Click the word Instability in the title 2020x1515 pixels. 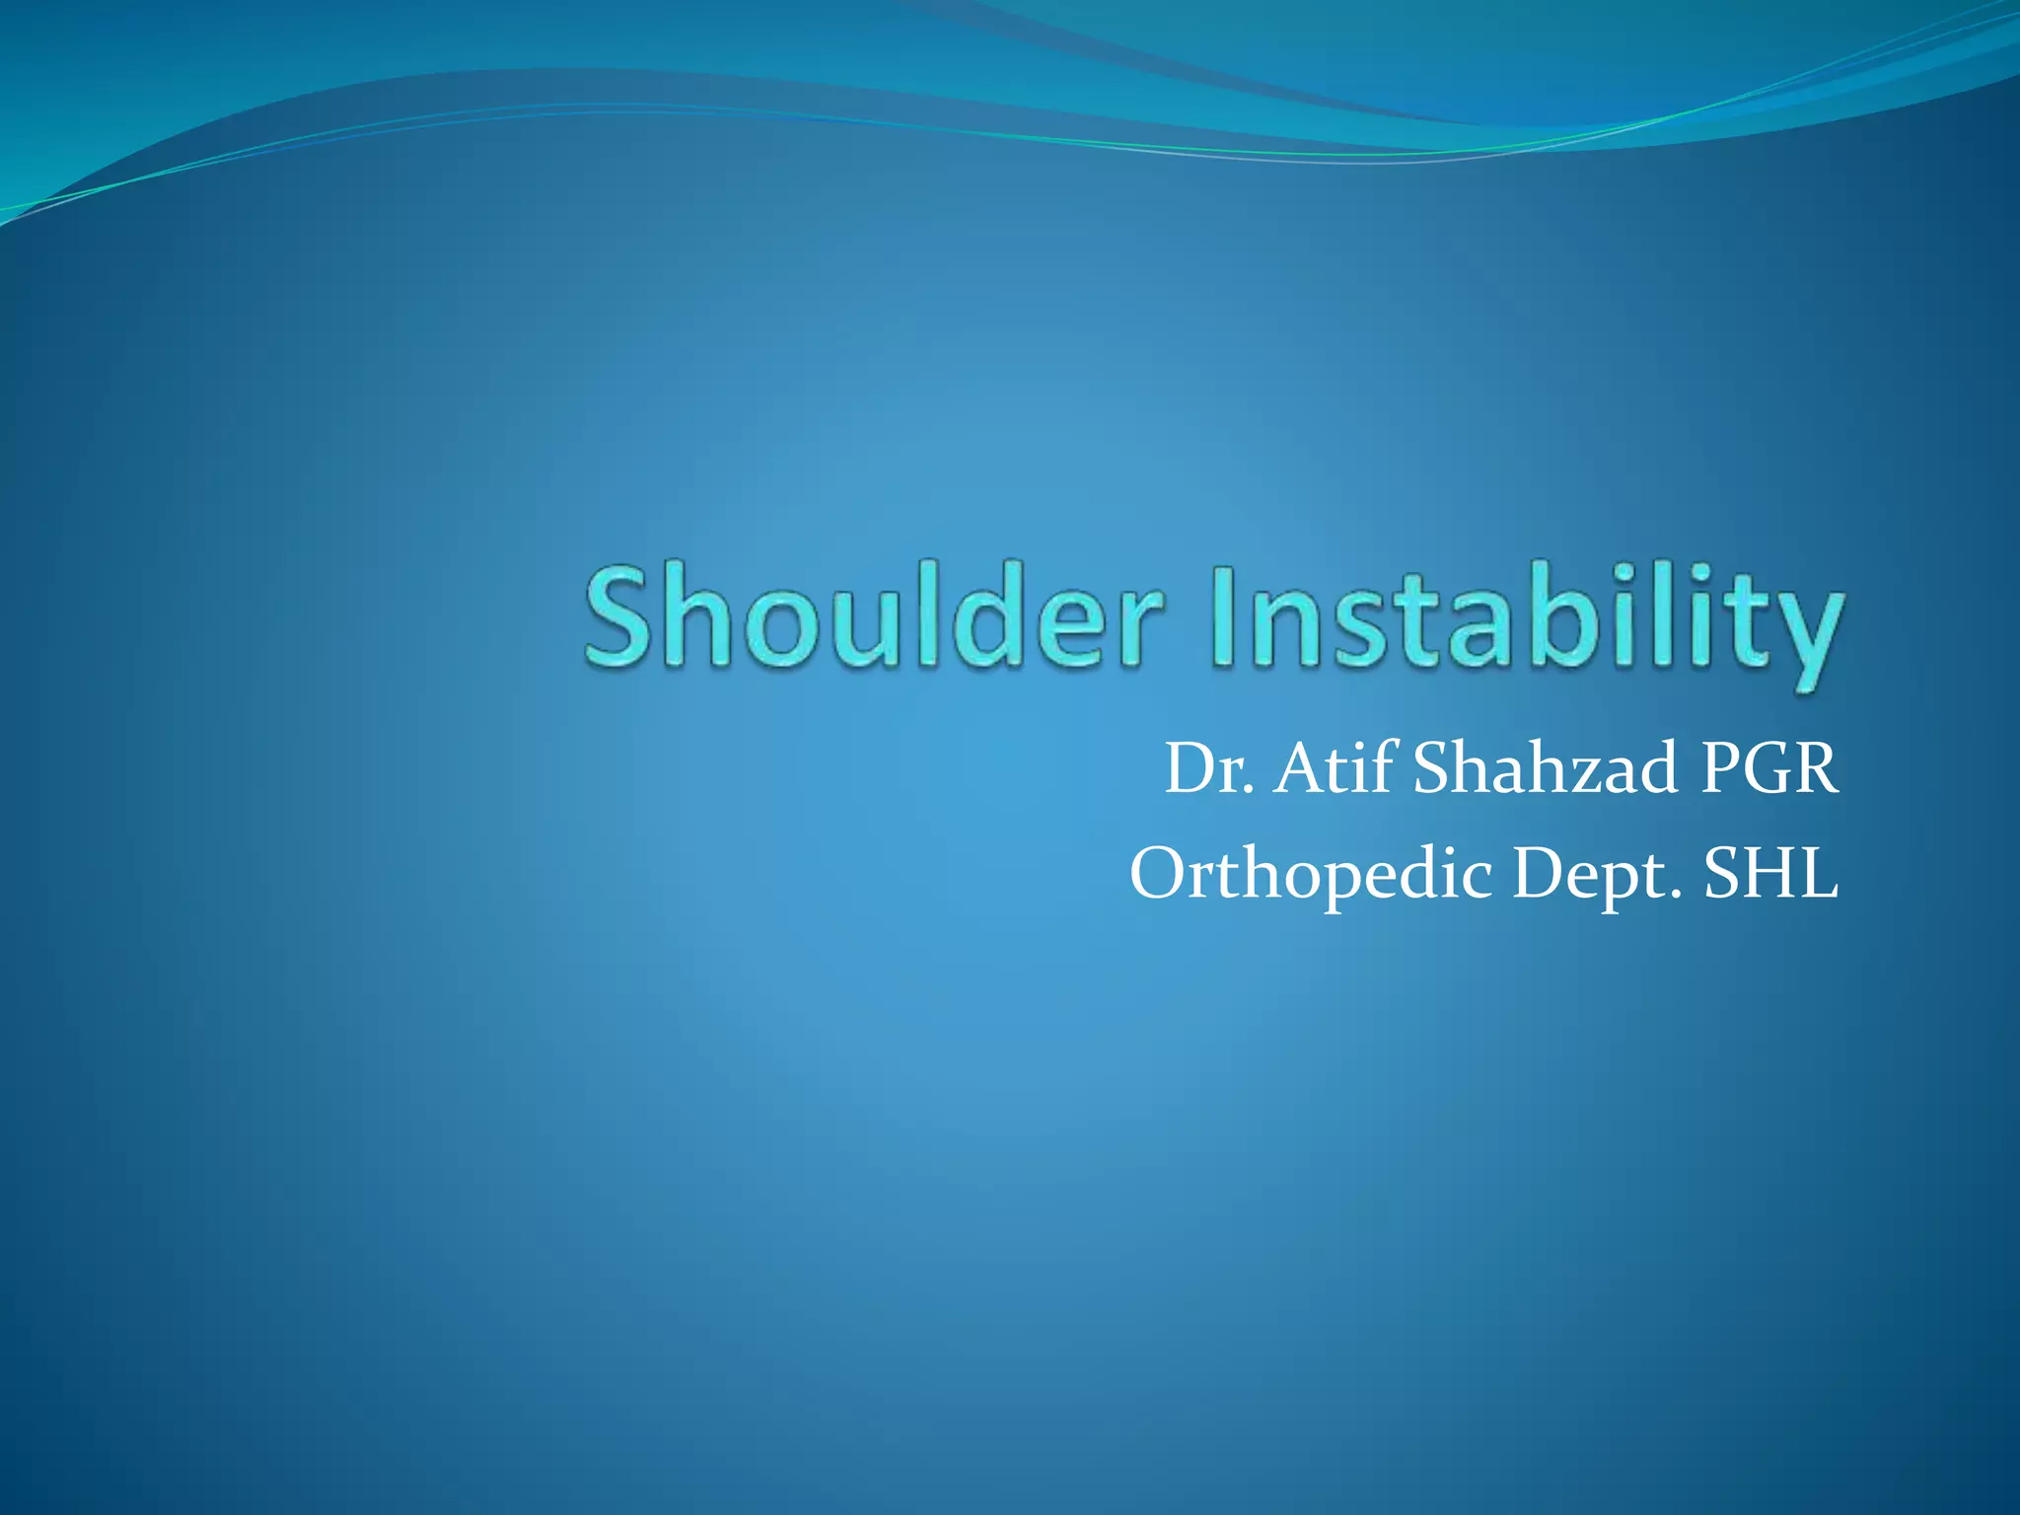point(1524,621)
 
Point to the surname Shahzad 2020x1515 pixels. point(1545,769)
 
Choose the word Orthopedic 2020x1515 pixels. point(1311,876)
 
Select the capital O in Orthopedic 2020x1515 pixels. point(1158,874)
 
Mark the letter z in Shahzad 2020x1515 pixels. point(1597,775)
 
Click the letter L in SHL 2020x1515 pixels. point(1817,874)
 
